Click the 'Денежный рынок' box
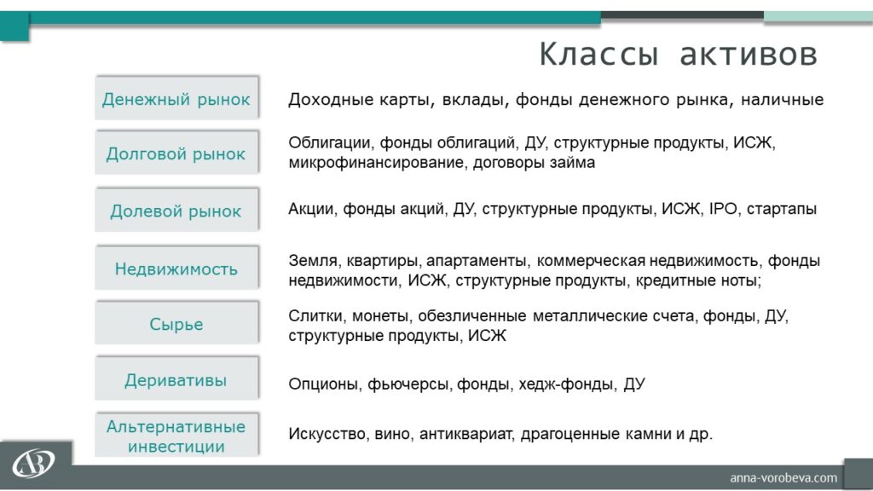pos(176,98)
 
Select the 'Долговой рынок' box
pos(176,153)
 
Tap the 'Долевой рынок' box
pos(176,210)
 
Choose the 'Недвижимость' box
pos(176,268)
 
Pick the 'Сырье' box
pos(176,323)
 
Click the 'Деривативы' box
pos(176,378)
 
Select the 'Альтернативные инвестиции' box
pos(176,436)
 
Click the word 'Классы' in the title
pos(598,55)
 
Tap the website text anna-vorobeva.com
pos(783,477)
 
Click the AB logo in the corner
pos(33,463)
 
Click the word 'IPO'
pos(723,209)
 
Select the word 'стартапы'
pos(782,210)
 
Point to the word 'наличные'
pos(783,100)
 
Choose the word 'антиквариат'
pos(465,434)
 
